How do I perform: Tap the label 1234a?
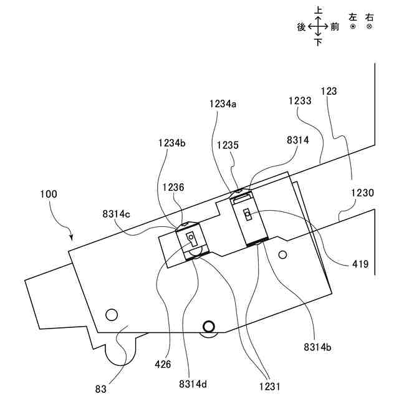pyautogui.click(x=223, y=105)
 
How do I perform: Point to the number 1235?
pyautogui.click(x=228, y=145)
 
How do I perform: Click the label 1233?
pyautogui.click(x=300, y=100)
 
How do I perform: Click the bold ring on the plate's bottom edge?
pyautogui.click(x=208, y=325)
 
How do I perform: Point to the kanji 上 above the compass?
pyautogui.click(x=318, y=10)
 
